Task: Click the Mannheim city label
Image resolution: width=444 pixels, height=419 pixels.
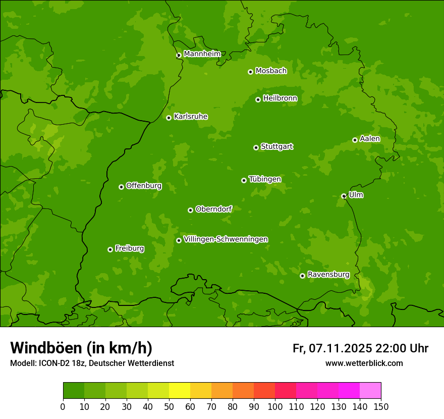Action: pos(202,54)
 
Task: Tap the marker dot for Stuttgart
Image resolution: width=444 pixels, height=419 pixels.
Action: pos(256,147)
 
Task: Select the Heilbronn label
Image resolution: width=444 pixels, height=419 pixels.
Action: pos(280,98)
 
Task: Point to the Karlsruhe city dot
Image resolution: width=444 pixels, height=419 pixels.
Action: pos(169,118)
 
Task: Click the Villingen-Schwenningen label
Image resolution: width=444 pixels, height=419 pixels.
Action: pos(226,239)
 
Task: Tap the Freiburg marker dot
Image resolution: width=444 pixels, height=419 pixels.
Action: pos(110,249)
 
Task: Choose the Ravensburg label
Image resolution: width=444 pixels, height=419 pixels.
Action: pos(328,275)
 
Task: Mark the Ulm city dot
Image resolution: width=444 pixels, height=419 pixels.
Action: pos(344,196)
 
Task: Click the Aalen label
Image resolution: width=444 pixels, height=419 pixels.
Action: pos(370,139)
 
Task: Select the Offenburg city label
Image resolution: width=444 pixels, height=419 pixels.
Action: pos(144,186)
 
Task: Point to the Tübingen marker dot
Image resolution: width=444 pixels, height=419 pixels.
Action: pos(244,180)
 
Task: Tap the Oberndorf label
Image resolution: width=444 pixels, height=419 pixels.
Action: pos(213,209)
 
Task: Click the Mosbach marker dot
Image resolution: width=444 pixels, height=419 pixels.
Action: pos(250,72)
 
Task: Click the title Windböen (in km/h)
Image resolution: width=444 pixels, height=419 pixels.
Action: pos(81,348)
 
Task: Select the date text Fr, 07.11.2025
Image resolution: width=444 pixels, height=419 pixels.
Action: pos(332,348)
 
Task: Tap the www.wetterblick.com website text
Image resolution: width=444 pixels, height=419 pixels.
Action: pos(364,363)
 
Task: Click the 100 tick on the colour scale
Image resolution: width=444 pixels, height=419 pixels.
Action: pos(275,407)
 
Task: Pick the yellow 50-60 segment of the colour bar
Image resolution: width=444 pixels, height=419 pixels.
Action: pos(180,391)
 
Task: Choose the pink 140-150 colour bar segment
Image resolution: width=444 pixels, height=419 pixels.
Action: pos(370,391)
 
